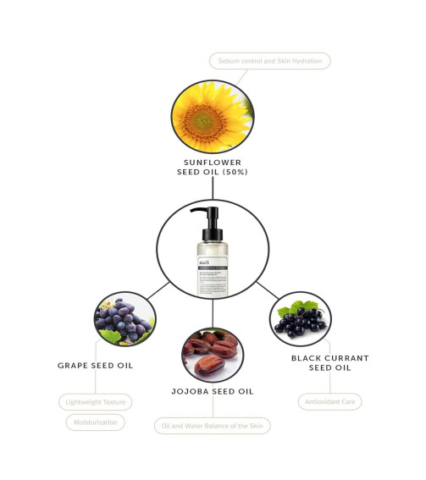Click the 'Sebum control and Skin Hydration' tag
[x=268, y=61]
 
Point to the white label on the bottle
[x=212, y=275]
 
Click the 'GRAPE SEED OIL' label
[x=95, y=366]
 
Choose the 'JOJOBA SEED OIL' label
[x=213, y=391]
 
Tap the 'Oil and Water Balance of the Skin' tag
[x=213, y=426]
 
